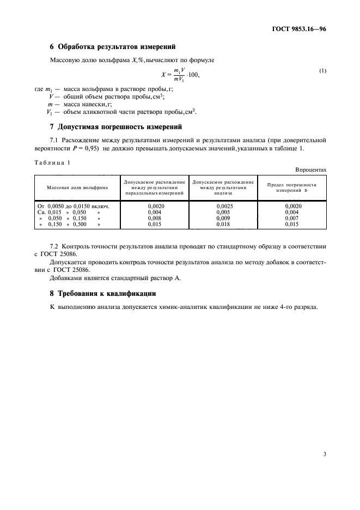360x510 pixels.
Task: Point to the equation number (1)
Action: tap(323, 71)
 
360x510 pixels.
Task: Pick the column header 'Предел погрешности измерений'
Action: tap(291, 187)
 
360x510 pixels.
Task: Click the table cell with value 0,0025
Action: tap(223, 207)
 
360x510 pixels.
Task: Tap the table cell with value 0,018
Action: tap(223, 224)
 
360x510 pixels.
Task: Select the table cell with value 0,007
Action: tap(292, 218)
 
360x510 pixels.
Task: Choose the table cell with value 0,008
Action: tap(155, 218)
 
